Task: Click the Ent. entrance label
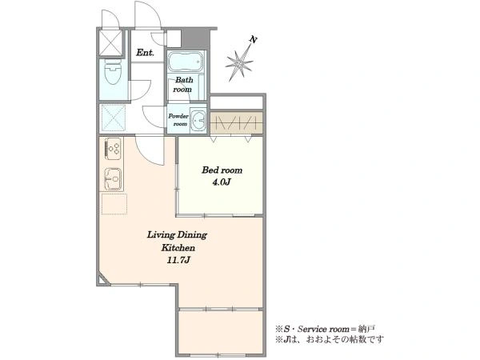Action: [x=145, y=53]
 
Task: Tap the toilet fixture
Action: [x=113, y=72]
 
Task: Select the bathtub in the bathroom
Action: [x=186, y=62]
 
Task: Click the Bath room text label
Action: [x=183, y=85]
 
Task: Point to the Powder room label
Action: [x=178, y=120]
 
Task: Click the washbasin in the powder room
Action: [x=198, y=120]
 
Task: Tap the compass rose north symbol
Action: [x=238, y=63]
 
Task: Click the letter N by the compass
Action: [x=253, y=39]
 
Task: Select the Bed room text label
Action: [x=222, y=170]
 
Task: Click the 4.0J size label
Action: [x=222, y=182]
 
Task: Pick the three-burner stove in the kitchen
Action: [x=114, y=149]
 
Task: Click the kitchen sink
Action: [x=113, y=179]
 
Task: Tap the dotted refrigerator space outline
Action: [x=114, y=204]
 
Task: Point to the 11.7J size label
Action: [x=178, y=260]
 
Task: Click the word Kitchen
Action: [x=178, y=248]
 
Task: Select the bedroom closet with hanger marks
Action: [x=236, y=122]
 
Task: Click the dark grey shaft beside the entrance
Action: [x=196, y=38]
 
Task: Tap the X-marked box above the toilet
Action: [x=111, y=42]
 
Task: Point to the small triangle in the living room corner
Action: [x=102, y=280]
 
